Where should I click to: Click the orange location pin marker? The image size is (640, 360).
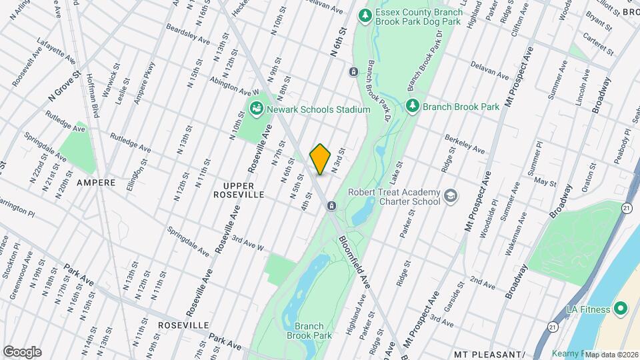321,159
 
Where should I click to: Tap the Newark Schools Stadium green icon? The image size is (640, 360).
255,108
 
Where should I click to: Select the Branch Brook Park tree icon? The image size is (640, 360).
413,105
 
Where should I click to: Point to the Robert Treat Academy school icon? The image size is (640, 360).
451,195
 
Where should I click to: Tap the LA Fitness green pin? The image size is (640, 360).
621,309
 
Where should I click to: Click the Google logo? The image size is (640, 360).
22,351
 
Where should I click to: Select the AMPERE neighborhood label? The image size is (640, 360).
96,182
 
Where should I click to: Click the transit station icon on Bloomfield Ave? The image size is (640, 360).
331,206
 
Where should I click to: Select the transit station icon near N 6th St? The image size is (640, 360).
353,71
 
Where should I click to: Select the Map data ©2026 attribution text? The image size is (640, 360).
611,355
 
